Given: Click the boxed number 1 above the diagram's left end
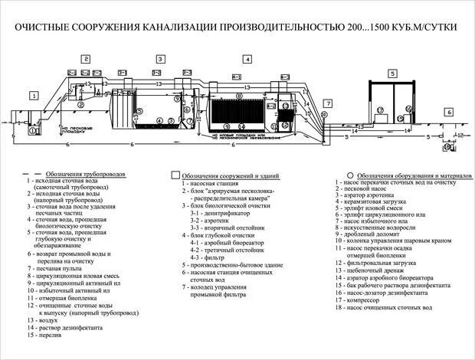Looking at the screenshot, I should point(34,96).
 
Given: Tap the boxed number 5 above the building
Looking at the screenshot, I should point(391,74).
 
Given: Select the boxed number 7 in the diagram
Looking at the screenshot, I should point(327,103).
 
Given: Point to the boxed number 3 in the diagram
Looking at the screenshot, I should point(160,59).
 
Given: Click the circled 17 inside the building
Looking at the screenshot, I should point(379,110).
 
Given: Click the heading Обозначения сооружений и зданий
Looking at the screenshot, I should point(222,175).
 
